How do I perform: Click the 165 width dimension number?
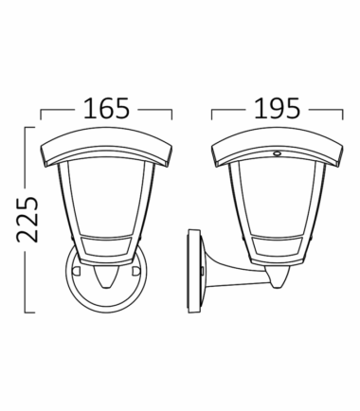pos(106,108)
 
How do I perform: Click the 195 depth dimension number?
pos(277,108)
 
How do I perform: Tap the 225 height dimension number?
pos(27,220)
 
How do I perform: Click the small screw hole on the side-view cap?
pos(278,153)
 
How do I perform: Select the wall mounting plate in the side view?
pos(194,272)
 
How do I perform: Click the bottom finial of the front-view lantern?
pos(106,276)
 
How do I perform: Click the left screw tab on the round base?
pos(76,271)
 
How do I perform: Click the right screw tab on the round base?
pos(136,271)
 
